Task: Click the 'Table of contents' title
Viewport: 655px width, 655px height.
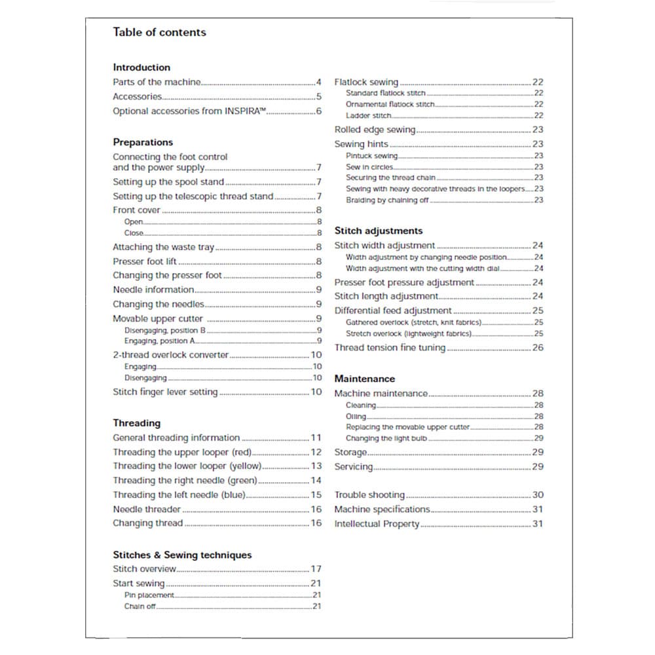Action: pos(159,32)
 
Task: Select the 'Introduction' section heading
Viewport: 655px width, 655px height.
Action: pos(141,67)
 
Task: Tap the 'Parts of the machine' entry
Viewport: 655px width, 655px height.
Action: pos(157,83)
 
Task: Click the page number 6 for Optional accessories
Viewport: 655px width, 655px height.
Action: pos(319,111)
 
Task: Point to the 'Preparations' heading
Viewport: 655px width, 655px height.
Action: pos(143,142)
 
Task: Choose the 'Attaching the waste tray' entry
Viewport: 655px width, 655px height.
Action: pos(163,247)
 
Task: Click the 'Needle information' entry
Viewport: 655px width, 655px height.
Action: pos(153,290)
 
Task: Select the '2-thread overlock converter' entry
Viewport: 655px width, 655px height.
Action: pos(170,355)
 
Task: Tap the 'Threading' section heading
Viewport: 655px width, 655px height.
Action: pos(136,423)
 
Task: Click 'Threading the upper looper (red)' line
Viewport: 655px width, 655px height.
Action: pos(182,452)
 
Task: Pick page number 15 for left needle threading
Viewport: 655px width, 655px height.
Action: pos(316,495)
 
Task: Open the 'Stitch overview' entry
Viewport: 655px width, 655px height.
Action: pos(144,569)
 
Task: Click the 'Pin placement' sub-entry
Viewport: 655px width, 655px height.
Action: pos(149,595)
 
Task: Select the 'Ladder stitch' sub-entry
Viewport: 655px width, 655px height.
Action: pos(369,115)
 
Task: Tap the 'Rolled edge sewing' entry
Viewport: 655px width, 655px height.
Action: pos(375,130)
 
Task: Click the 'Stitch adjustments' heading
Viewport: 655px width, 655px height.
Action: pos(379,231)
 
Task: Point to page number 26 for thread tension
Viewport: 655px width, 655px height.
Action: pos(538,348)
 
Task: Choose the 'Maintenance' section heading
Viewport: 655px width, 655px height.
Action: pos(365,379)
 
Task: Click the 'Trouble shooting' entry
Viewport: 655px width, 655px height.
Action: pos(369,495)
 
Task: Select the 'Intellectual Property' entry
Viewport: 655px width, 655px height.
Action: pos(377,524)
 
